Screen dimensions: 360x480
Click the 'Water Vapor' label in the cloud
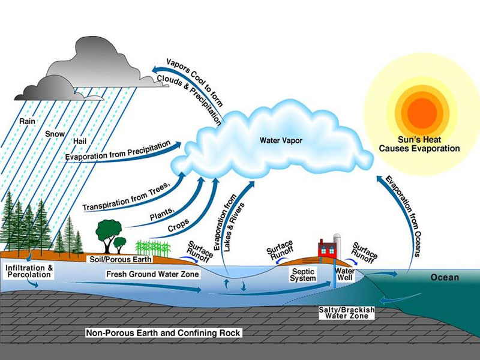click(x=281, y=140)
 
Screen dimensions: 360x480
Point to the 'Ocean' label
click(x=445, y=278)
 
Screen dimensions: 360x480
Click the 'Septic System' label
click(x=303, y=275)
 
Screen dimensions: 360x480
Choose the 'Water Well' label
click(x=346, y=274)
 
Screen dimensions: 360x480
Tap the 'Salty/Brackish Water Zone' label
click(x=347, y=313)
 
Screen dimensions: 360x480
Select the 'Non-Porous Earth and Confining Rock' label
click(x=163, y=332)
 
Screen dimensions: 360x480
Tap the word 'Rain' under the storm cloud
click(x=27, y=120)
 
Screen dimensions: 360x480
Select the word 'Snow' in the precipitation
click(x=55, y=133)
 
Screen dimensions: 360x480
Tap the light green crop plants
click(x=151, y=247)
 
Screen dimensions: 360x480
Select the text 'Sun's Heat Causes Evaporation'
click(x=424, y=144)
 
